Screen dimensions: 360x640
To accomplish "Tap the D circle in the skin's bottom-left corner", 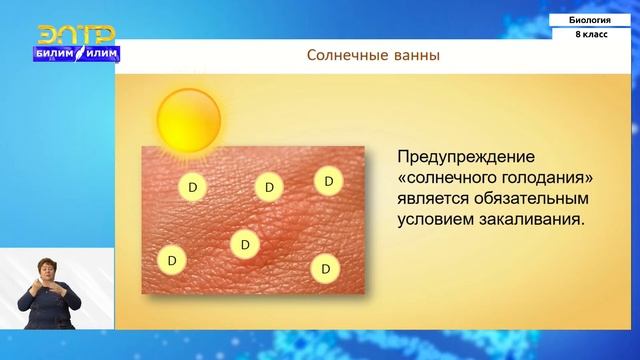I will click(172, 259).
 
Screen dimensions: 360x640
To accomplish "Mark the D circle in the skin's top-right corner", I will click(328, 181).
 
